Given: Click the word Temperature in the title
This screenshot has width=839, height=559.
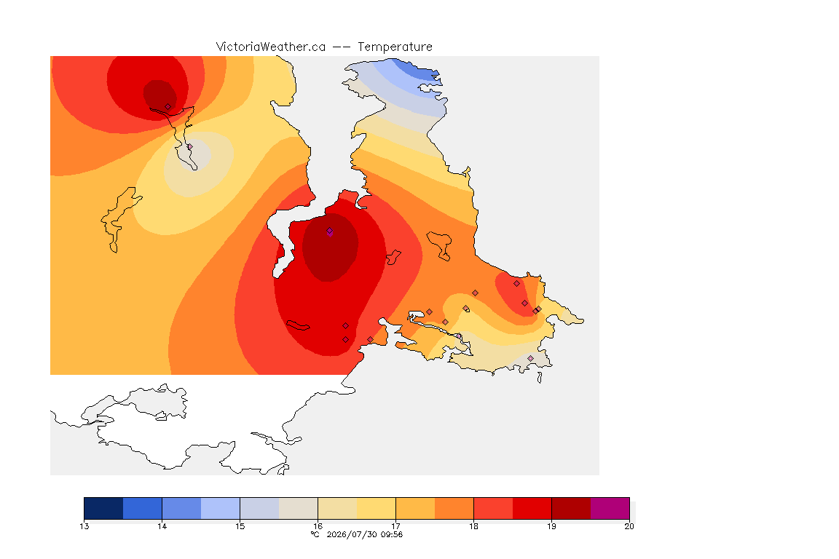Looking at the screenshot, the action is [395, 47].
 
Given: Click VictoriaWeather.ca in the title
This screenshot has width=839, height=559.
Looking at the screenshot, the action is [271, 47].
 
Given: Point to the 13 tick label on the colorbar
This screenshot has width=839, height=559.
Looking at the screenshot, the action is [84, 526].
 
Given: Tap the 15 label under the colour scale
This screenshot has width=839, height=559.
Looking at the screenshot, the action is [240, 526].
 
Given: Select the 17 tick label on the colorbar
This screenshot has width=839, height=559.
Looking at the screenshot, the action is [395, 526].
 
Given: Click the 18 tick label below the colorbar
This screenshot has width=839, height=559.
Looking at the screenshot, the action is [473, 526].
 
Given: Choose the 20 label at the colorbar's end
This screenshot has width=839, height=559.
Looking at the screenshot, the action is [629, 526].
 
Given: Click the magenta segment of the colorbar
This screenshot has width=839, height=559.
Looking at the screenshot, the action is [610, 508].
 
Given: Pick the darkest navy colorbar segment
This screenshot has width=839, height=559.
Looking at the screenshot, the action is [104, 508].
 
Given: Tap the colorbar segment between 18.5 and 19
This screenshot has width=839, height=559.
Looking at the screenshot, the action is [532, 508].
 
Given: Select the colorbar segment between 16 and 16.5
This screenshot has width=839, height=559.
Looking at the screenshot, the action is [337, 508].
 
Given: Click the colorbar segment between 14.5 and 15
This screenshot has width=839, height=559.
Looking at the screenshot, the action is [221, 508].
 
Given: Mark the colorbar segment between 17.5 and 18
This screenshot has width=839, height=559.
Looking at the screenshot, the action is [454, 508].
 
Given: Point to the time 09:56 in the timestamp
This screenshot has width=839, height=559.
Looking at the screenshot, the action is [391, 534].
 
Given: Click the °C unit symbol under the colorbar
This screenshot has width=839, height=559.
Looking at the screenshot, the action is [315, 534].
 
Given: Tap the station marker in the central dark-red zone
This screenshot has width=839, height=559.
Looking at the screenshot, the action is [330, 231].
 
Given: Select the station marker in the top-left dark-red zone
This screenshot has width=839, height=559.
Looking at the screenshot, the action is [168, 107].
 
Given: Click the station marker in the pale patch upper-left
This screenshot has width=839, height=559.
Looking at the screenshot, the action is [189, 146].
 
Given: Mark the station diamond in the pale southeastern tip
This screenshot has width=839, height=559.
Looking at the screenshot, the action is [530, 358].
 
